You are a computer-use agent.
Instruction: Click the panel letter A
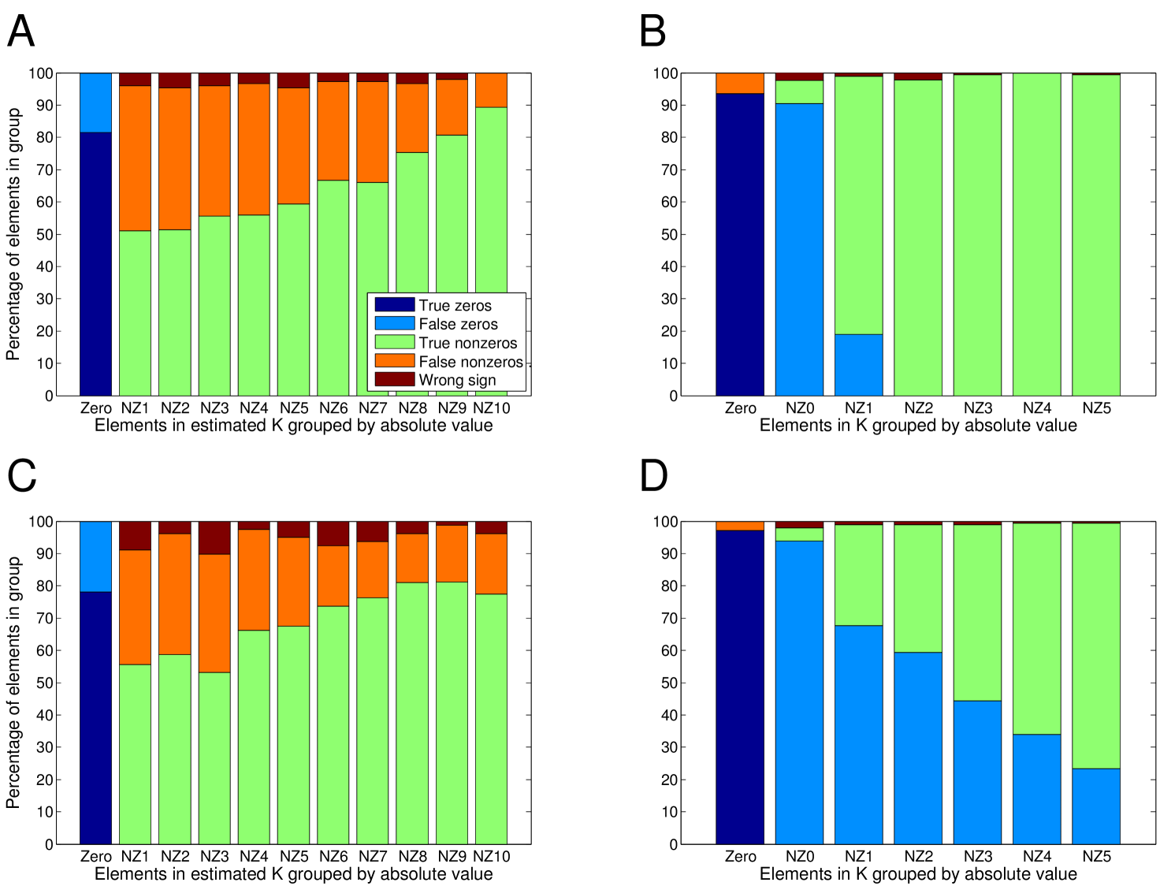tap(21, 32)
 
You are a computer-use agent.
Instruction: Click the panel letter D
tap(653, 476)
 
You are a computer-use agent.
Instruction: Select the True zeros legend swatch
tap(394, 304)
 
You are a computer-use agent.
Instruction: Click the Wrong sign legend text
tap(457, 380)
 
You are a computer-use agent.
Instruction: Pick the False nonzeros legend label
tap(470, 362)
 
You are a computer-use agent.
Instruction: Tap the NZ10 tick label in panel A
tap(492, 408)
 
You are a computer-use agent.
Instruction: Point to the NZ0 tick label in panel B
tap(799, 408)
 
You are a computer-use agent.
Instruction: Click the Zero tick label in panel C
tap(96, 857)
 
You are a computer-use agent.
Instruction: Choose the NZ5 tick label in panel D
tap(1096, 857)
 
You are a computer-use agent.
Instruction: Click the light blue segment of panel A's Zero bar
tap(95, 102)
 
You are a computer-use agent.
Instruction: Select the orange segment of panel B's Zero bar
tap(739, 83)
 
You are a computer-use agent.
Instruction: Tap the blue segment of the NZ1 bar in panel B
tap(858, 365)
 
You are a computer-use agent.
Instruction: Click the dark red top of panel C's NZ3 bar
tap(214, 538)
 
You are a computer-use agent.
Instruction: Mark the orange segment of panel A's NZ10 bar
tap(491, 90)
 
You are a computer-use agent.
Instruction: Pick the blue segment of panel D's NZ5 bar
tap(1096, 806)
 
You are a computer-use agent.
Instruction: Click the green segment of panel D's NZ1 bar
tap(858, 575)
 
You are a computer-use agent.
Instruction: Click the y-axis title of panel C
tap(13, 683)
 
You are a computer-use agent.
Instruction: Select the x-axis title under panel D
tap(918, 874)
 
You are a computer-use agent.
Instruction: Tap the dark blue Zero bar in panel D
tap(739, 686)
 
